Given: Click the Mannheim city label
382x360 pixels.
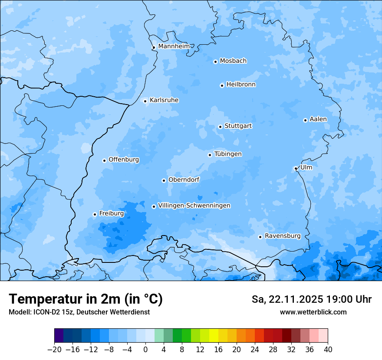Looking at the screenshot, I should tap(174, 46).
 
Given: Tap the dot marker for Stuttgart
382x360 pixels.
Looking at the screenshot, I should tap(220, 127).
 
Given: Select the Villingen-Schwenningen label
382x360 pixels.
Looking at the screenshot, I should tap(194, 206).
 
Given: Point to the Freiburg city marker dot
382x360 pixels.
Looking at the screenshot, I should tap(95, 214).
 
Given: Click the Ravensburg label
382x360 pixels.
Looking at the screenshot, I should tap(282, 236).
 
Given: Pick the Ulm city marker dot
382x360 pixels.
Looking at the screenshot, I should tap(296, 168).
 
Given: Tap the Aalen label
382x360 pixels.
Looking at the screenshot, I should tap(318, 119).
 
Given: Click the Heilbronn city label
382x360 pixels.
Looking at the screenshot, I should tap(241, 85).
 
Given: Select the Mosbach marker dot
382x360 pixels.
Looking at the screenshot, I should tap(215, 62).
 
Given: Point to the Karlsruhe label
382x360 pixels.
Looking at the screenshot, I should tap(164, 100).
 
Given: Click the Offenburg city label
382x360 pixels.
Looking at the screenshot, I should tap(123, 160).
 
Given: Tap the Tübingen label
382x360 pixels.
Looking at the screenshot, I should tap(227, 154).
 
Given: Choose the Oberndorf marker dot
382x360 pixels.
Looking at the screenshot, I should tap(164, 180).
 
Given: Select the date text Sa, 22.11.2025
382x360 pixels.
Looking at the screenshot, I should tap(288, 299).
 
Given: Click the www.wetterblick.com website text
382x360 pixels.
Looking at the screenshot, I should tap(313, 312).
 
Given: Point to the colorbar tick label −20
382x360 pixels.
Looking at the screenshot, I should tap(54, 350).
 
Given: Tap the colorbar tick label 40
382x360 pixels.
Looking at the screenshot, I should tap(328, 350).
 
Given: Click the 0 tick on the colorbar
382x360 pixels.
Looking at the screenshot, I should tap(145, 350).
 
